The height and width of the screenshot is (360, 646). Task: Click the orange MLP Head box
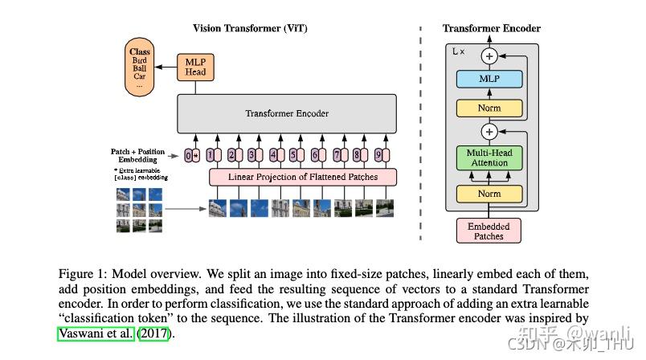pos(196,66)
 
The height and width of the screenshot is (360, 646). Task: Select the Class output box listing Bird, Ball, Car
pos(140,67)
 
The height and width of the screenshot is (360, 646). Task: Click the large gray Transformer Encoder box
pos(286,113)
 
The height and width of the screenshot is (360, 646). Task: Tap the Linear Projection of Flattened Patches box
pos(304,176)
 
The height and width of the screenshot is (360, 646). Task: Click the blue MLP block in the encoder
pos(489,79)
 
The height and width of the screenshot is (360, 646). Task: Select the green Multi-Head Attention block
pos(489,157)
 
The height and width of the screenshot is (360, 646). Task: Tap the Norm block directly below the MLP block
pos(489,108)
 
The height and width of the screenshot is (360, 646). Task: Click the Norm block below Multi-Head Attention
pos(489,193)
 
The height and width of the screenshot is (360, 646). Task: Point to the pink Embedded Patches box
pos(489,231)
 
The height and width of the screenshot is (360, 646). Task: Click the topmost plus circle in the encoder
pos(489,55)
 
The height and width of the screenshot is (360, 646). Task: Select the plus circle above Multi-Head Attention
pos(489,130)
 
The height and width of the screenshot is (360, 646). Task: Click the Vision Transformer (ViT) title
pos(250,28)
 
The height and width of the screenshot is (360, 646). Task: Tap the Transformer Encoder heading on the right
pos(492,28)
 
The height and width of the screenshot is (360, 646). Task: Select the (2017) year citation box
pos(154,333)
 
